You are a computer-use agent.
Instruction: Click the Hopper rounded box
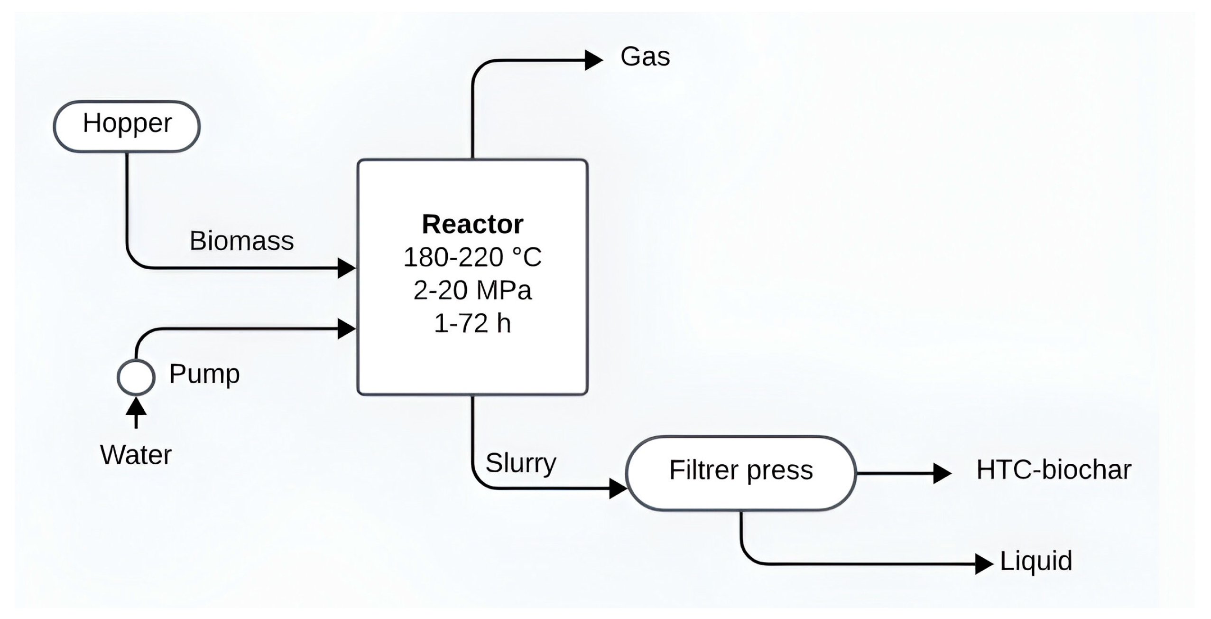pyautogui.click(x=127, y=126)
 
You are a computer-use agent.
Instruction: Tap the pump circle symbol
pyautogui.click(x=136, y=377)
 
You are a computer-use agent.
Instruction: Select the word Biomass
pyautogui.click(x=241, y=241)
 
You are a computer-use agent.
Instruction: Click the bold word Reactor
pyautogui.click(x=472, y=224)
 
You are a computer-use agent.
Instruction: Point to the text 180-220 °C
pyautogui.click(x=472, y=257)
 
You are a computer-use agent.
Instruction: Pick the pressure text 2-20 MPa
pyautogui.click(x=472, y=290)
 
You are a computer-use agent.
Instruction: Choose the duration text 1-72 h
pyautogui.click(x=472, y=323)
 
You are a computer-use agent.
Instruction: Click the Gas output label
pyautogui.click(x=645, y=56)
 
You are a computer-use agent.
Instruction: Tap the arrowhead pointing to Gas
pyautogui.click(x=593, y=60)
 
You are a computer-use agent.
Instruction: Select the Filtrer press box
pyautogui.click(x=741, y=473)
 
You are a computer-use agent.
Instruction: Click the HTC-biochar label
pyautogui.click(x=1054, y=470)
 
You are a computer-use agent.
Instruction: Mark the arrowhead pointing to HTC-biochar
pyautogui.click(x=941, y=473)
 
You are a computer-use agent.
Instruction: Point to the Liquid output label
pyautogui.click(x=1036, y=561)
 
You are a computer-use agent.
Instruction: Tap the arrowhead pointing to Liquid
pyautogui.click(x=983, y=564)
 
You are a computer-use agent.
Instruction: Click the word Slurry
pyautogui.click(x=520, y=463)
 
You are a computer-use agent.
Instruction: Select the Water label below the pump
pyautogui.click(x=136, y=455)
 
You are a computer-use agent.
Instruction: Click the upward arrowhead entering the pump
pyautogui.click(x=136, y=406)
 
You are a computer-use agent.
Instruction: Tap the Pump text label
pyautogui.click(x=204, y=374)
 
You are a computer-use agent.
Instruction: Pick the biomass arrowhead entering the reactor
pyautogui.click(x=346, y=268)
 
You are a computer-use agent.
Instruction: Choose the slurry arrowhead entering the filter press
pyautogui.click(x=618, y=488)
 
